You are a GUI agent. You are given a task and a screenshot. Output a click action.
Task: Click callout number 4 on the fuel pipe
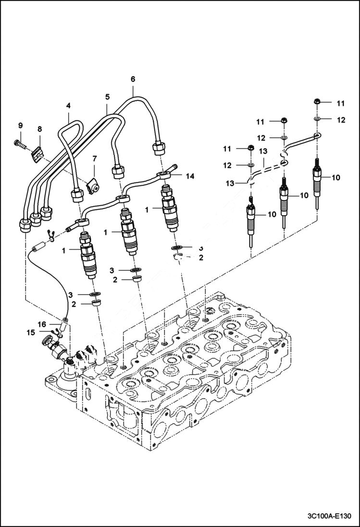69,105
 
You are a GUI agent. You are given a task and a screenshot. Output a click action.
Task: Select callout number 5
108,97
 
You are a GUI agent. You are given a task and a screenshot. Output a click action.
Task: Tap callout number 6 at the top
133,79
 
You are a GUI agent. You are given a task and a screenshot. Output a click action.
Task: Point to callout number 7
95,159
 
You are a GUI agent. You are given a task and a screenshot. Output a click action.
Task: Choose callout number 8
39,129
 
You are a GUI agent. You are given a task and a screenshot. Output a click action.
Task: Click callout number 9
20,125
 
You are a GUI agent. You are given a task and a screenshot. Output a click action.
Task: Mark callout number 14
190,176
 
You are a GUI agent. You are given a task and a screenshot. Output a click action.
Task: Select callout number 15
31,332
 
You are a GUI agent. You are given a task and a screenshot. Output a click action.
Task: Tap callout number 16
42,325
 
